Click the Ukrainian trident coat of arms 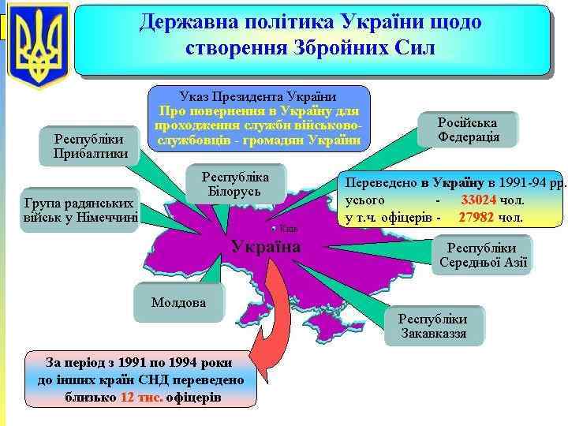pos(38,46)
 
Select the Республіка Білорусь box pos(235,184)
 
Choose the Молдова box pos(178,302)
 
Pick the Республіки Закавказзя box pos(432,326)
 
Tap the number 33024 pos(479,199)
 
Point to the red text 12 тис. pos(141,397)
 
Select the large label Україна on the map pos(266,247)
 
